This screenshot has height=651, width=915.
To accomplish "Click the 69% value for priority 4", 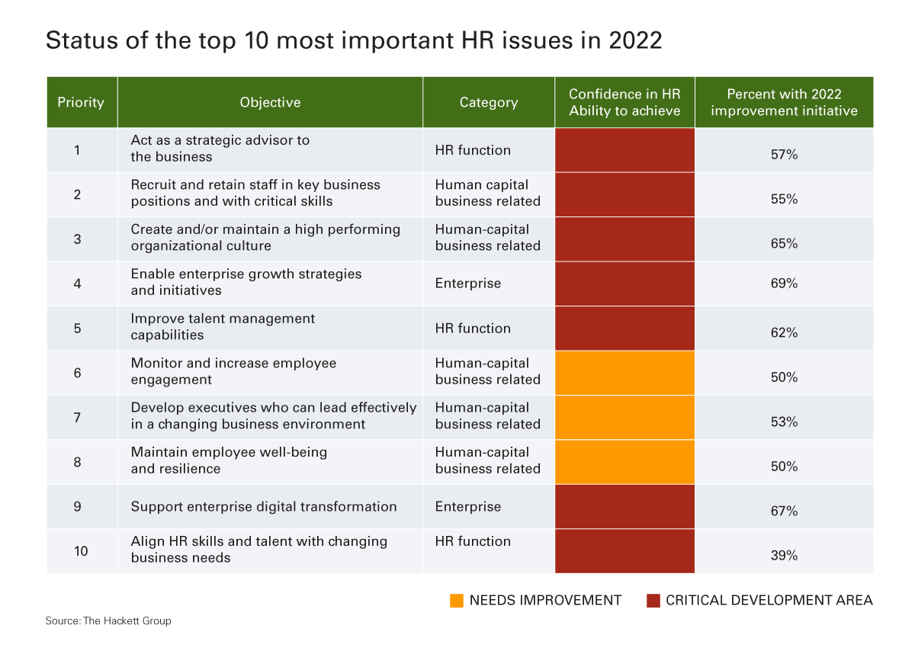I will (x=784, y=284).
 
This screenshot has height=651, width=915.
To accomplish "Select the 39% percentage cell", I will (x=784, y=556).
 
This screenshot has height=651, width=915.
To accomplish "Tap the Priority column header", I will (x=81, y=102).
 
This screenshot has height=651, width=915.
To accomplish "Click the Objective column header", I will (x=270, y=102).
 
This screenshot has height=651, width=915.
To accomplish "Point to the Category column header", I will (x=488, y=102).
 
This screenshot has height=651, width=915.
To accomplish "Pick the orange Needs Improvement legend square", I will (x=457, y=601).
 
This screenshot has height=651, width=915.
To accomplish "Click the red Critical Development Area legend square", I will (x=653, y=601).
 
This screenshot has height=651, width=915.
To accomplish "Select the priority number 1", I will (x=77, y=149).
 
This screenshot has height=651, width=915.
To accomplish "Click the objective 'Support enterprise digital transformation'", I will (x=264, y=507).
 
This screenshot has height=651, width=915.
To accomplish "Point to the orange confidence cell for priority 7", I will (x=624, y=417).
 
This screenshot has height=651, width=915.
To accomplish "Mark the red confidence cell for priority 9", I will (x=624, y=507).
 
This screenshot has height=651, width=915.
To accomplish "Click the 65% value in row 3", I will (x=784, y=244).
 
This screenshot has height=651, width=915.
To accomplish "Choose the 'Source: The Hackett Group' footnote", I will (x=108, y=621).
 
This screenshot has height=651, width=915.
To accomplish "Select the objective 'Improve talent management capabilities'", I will (x=223, y=327).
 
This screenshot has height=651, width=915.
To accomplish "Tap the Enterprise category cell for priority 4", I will (x=468, y=284).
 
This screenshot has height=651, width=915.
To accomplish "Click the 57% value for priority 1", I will (x=784, y=155).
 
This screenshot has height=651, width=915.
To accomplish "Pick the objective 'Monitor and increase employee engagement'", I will (x=233, y=371).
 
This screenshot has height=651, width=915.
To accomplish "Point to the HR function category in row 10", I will (x=473, y=541).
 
